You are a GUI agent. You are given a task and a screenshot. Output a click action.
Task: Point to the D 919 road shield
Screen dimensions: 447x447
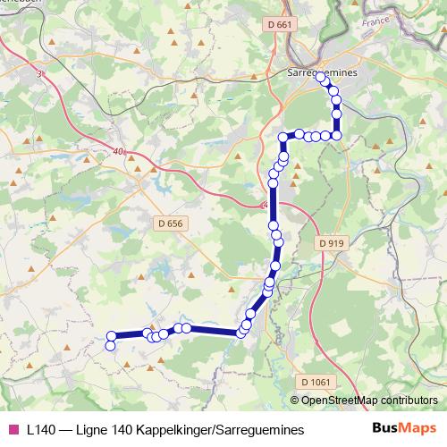[330, 242]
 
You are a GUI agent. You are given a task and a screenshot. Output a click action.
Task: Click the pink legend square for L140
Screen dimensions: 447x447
[13, 430]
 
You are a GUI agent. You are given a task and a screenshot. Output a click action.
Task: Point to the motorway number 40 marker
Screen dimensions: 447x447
[119, 152]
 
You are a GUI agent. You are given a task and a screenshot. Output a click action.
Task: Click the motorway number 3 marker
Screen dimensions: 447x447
[39, 75]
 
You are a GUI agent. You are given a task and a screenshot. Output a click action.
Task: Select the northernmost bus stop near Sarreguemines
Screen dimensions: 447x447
[321, 80]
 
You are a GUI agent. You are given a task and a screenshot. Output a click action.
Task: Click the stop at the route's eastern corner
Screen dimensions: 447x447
[337, 135]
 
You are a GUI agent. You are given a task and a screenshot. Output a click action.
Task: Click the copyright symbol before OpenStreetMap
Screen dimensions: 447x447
[297, 401]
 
